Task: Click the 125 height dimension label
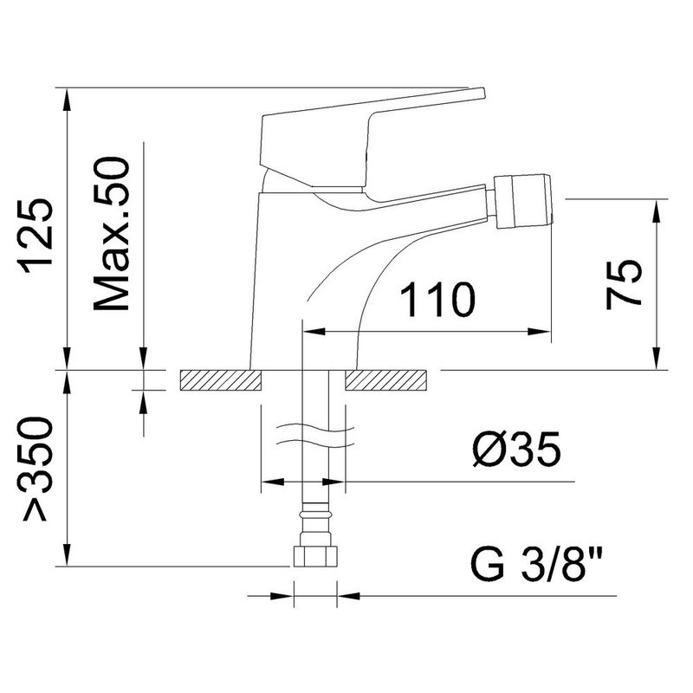pyautogui.click(x=36, y=236)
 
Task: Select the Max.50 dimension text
pyautogui.click(x=113, y=233)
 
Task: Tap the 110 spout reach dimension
pyautogui.click(x=438, y=300)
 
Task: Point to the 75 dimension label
pyautogui.click(x=623, y=285)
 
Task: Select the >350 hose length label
pyautogui.click(x=36, y=470)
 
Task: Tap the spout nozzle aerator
pyautogui.click(x=523, y=202)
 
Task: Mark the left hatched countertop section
pyautogui.click(x=221, y=381)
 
